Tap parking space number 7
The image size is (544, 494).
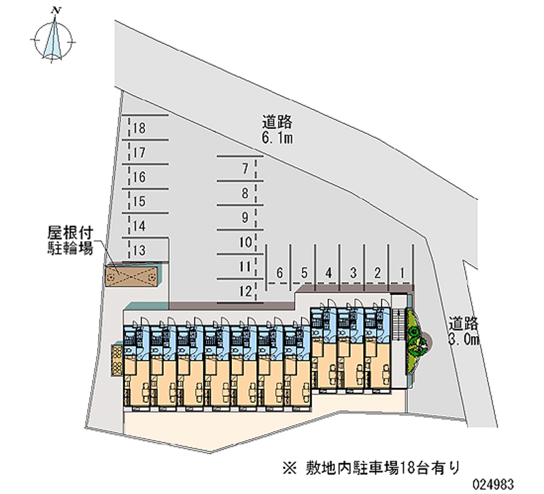coord(238,169)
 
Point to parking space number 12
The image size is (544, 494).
coord(238,292)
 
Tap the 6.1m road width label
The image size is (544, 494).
coord(277,131)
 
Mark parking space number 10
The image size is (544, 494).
coord(238,242)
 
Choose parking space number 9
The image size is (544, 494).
coord(238,217)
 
